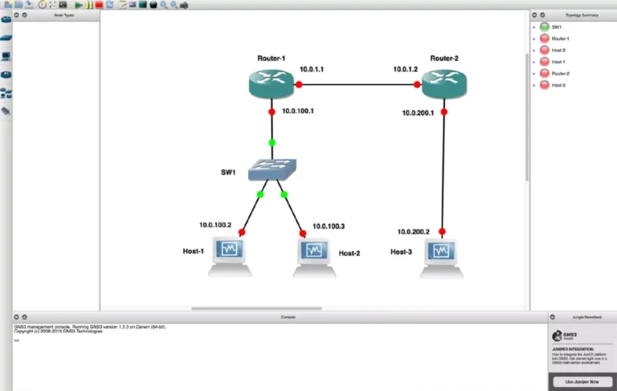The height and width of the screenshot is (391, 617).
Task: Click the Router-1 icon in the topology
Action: pos(272,83)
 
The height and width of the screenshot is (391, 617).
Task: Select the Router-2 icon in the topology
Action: pos(443,83)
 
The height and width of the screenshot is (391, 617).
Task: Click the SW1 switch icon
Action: pos(272,169)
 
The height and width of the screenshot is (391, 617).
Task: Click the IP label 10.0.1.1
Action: pos(312,70)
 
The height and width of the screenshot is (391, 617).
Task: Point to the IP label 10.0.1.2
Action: pos(406,70)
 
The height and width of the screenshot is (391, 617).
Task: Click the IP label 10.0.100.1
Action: pos(298,111)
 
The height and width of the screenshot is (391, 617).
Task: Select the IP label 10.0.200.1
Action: pos(418,112)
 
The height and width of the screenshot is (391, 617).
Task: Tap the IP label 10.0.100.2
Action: pos(215,225)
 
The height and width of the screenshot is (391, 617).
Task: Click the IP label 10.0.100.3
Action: pos(329,226)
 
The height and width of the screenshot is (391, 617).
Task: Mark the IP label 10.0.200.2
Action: pos(414,232)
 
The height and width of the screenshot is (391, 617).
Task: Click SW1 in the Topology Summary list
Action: pos(557,26)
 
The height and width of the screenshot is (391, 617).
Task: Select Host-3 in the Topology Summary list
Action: pos(558,84)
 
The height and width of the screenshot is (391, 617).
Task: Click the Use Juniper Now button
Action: pos(582,382)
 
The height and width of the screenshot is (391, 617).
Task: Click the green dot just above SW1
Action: pos(272,143)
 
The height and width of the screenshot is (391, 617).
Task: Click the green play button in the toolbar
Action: pos(79,5)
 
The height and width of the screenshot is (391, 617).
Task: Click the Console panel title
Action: pos(288,317)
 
